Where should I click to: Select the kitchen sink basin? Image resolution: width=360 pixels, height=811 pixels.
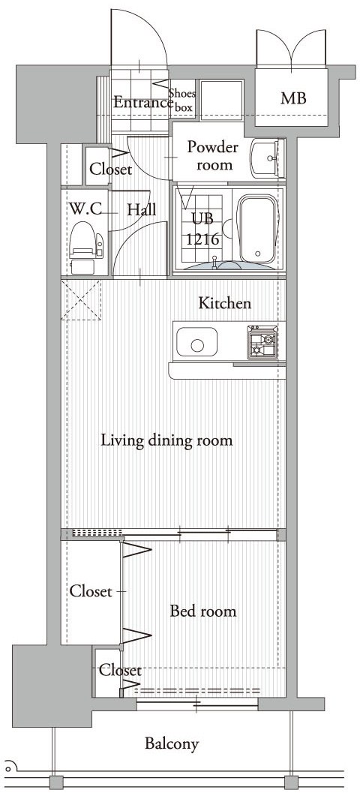coord(196,342)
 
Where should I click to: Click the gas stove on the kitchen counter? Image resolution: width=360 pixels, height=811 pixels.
coord(262,342)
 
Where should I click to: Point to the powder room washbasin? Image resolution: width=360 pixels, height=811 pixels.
coord(265,159)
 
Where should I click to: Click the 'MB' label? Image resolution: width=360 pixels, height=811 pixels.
coord(293,98)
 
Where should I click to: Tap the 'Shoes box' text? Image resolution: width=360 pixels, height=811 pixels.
coord(182,101)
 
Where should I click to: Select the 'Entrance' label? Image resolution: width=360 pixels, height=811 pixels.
coord(142,103)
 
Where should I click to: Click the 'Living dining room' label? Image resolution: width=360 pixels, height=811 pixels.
coord(166,440)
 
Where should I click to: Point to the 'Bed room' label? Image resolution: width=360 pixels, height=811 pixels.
coord(203,611)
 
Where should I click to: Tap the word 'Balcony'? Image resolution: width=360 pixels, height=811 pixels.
coord(172,744)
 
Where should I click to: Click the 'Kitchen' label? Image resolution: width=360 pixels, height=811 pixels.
coord(225,303)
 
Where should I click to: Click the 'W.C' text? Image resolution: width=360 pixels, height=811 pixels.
coord(85,209)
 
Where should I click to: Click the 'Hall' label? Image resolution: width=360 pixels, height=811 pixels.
coord(142,209)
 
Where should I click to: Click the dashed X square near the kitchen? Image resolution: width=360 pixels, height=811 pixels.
coord(81,301)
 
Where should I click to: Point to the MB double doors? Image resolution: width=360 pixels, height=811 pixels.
coord(291,49)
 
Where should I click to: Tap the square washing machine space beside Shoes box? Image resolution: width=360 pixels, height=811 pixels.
coord(221,100)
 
